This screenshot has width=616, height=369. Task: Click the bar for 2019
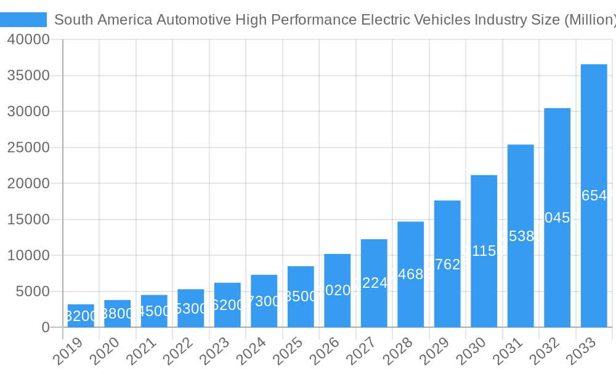coord(81,315)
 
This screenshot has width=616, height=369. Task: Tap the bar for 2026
coord(338,290)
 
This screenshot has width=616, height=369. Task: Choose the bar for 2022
coord(191,308)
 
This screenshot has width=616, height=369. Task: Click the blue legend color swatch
coord(23,20)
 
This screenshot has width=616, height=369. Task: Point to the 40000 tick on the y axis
coord(28,40)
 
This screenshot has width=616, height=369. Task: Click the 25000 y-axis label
coord(28,148)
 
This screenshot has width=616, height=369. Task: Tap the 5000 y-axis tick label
coord(32,292)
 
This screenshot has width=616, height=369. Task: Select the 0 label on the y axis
coord(46,328)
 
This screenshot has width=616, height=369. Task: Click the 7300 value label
coord(264,301)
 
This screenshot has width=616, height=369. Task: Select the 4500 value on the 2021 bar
coord(154,311)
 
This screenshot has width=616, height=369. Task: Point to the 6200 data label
coord(227,305)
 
